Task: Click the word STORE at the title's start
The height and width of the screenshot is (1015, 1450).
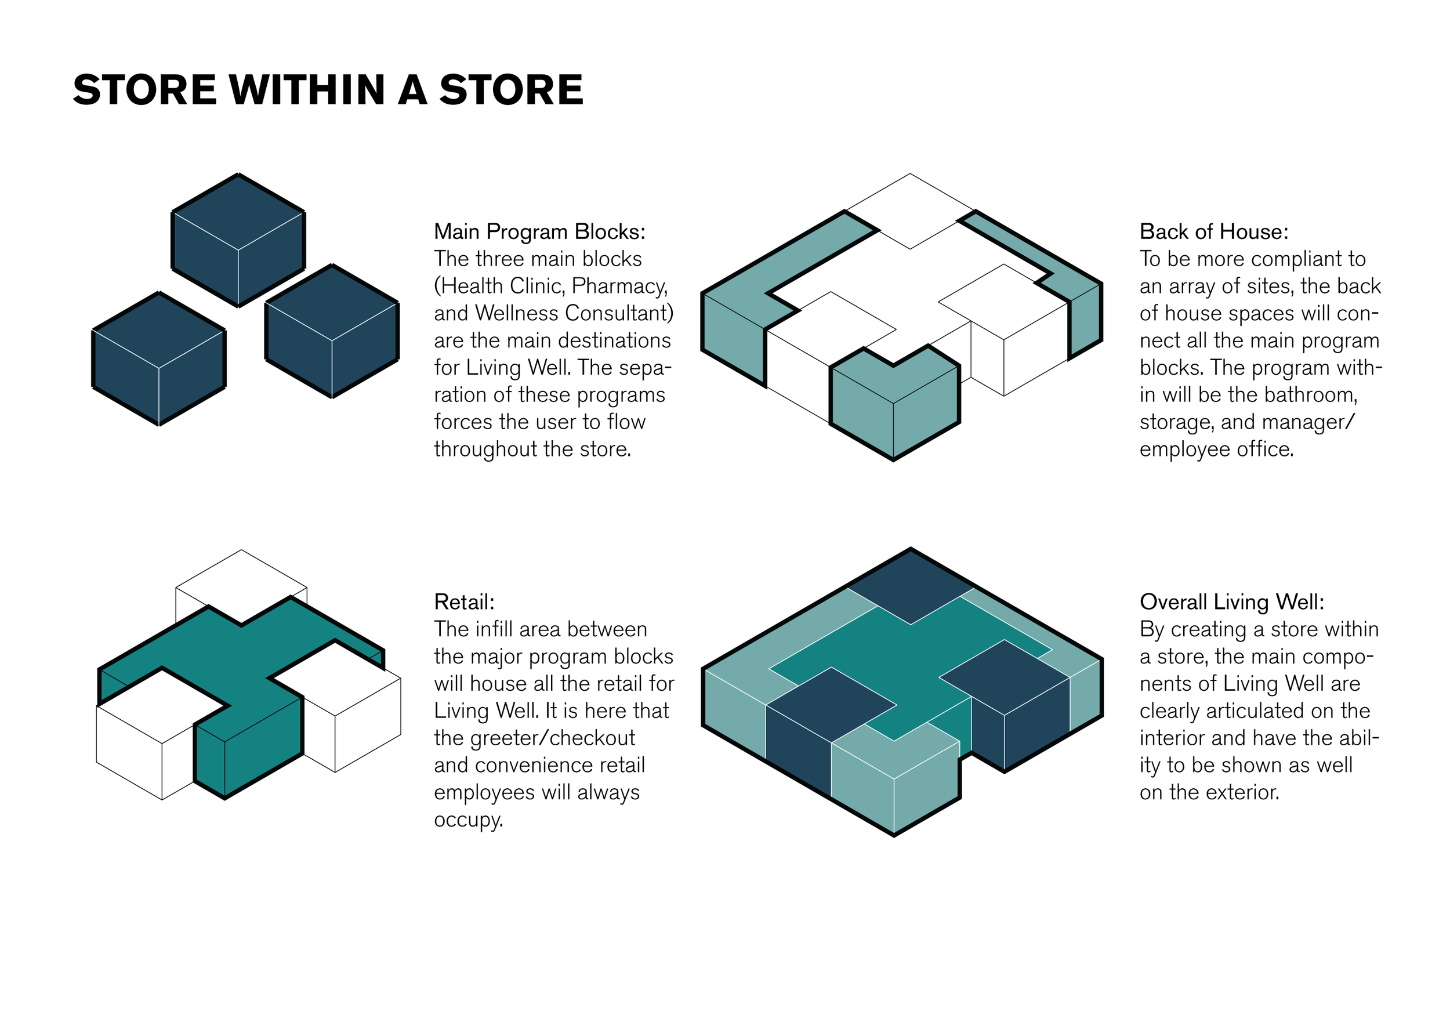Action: click(x=144, y=90)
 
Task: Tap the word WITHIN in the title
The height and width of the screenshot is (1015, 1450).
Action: click(x=307, y=90)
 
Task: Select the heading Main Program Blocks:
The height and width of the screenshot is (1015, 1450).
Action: click(x=539, y=232)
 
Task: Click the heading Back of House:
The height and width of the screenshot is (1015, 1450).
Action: click(x=1213, y=232)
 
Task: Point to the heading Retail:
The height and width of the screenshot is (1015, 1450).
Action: click(x=464, y=602)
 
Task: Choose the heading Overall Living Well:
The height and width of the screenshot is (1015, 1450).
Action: click(x=1231, y=602)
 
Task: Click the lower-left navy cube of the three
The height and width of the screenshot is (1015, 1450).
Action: click(x=159, y=357)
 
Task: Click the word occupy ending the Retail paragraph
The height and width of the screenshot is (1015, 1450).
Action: click(x=467, y=820)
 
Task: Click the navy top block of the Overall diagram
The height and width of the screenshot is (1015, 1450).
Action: click(x=910, y=588)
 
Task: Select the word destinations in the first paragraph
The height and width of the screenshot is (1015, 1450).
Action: click(x=606, y=340)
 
